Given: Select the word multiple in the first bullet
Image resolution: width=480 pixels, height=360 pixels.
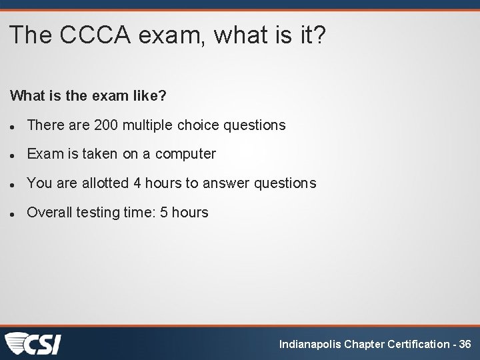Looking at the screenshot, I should [145, 125].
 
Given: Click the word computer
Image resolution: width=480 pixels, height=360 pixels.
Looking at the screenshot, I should [186, 154].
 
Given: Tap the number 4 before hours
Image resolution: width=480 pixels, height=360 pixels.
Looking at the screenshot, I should [137, 183].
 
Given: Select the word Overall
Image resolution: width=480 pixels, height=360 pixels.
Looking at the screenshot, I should [49, 213].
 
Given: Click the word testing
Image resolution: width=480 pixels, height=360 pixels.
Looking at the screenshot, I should [98, 213].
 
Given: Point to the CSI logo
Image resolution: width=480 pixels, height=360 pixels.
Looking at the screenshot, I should [33, 343].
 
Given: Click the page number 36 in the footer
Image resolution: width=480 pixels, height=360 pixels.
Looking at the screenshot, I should [465, 344].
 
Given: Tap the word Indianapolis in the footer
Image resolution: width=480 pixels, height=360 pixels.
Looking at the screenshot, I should [309, 344].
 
